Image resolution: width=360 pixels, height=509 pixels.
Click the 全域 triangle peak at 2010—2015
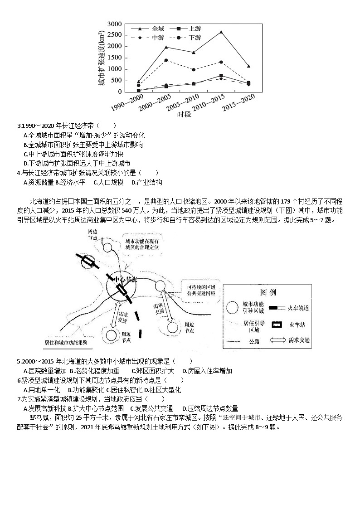(221, 32)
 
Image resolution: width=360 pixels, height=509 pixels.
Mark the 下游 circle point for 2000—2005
(166, 60)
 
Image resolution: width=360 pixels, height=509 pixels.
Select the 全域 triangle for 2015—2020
(248, 66)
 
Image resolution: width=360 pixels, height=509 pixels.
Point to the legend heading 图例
(268, 292)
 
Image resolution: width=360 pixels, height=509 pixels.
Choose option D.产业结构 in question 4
(146, 182)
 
